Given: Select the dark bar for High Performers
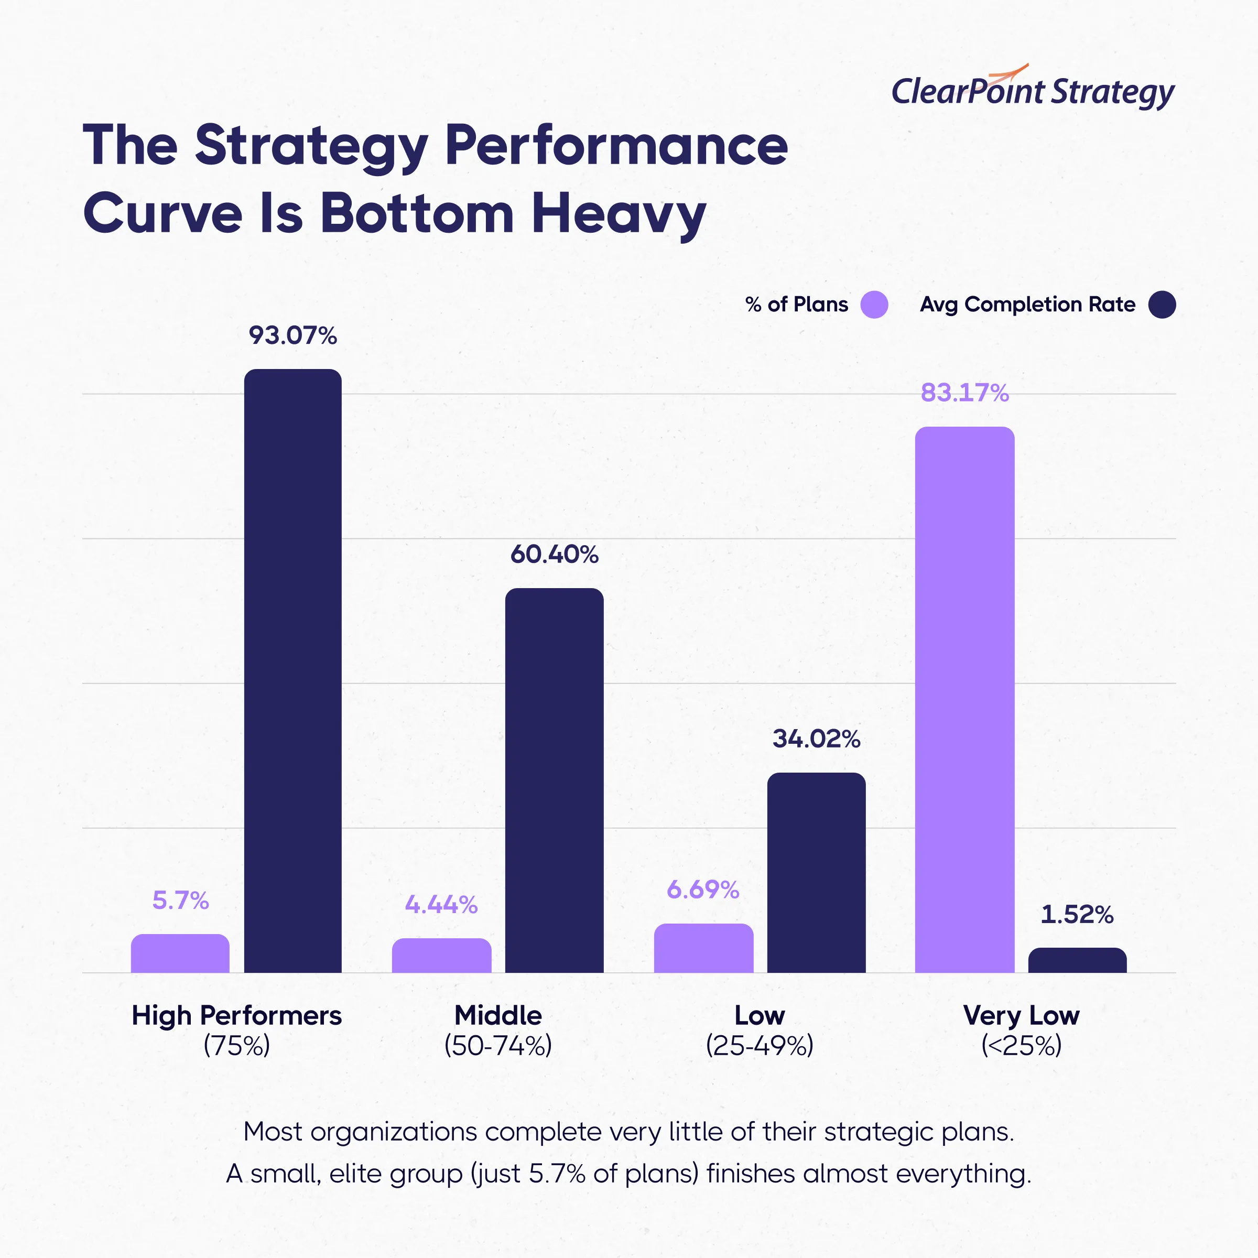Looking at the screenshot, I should tap(293, 671).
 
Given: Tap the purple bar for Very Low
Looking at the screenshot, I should tap(964, 700).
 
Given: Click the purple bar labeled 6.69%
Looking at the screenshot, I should tap(703, 948).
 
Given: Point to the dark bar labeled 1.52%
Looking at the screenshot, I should tap(1077, 960).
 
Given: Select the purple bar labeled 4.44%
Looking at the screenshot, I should tap(441, 955).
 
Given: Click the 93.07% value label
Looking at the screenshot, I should tap(293, 335).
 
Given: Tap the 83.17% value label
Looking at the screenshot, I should tap(964, 393).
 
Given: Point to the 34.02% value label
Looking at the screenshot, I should tap(816, 739).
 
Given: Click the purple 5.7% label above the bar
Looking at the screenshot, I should tap(180, 901).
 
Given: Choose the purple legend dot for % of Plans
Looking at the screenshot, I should tap(874, 305).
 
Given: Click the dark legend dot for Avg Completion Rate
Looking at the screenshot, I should tap(1162, 305).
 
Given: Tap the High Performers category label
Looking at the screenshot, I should tap(236, 1016).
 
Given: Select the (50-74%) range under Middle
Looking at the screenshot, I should tap(498, 1046).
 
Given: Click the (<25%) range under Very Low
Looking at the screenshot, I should tap(1021, 1046).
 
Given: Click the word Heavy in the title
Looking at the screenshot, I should tap(618, 213).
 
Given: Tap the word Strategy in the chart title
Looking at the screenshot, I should tap(311, 146).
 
